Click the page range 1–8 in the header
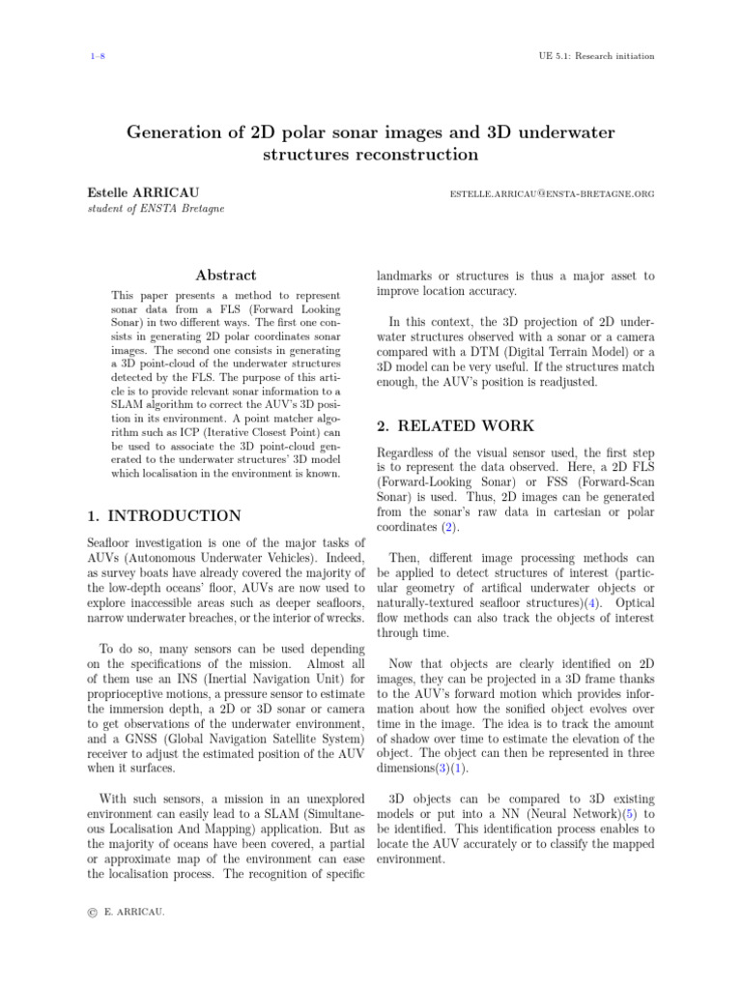(x=96, y=56)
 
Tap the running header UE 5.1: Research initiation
(x=595, y=56)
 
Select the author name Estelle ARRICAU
(x=143, y=193)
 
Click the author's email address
(x=552, y=194)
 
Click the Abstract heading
(x=225, y=276)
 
